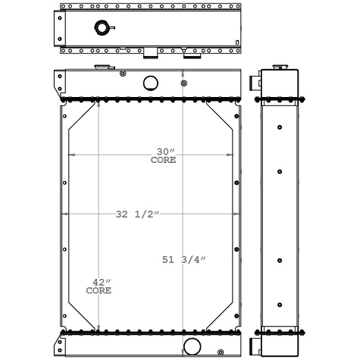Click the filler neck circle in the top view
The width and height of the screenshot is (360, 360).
click(x=102, y=29)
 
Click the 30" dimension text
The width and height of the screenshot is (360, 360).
click(x=164, y=152)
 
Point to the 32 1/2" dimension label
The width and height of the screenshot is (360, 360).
click(x=138, y=215)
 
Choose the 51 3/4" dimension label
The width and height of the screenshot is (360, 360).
click(x=184, y=261)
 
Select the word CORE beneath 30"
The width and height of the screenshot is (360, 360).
click(x=164, y=161)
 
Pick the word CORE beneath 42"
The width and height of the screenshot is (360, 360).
click(x=99, y=290)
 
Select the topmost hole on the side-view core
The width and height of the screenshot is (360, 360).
click(x=280, y=125)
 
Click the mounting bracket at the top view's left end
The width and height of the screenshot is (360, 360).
click(x=60, y=28)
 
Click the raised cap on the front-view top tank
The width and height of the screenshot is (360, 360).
click(x=100, y=69)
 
